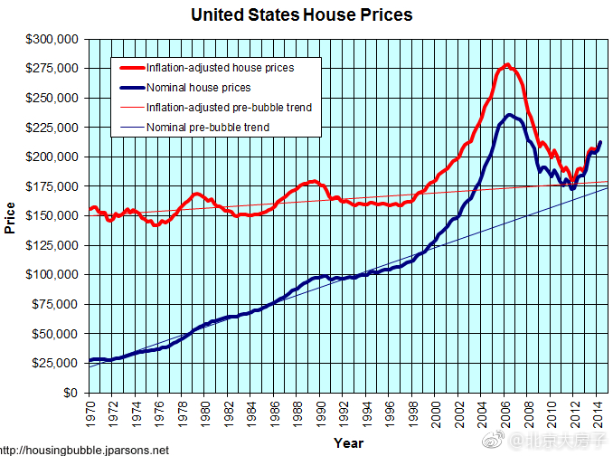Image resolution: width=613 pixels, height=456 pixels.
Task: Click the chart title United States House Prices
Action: (302, 14)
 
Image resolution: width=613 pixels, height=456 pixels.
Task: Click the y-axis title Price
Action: (11, 217)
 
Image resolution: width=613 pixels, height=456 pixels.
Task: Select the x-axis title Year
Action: (348, 443)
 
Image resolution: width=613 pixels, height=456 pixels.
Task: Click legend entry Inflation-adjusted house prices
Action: (220, 68)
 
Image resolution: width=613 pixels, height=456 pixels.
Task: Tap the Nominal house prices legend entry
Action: (198, 88)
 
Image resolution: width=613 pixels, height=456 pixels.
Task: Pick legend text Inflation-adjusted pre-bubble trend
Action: (229, 108)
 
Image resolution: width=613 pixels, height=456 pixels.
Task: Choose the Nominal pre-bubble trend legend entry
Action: (207, 128)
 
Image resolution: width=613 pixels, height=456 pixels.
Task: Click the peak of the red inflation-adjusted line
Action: (507, 64)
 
